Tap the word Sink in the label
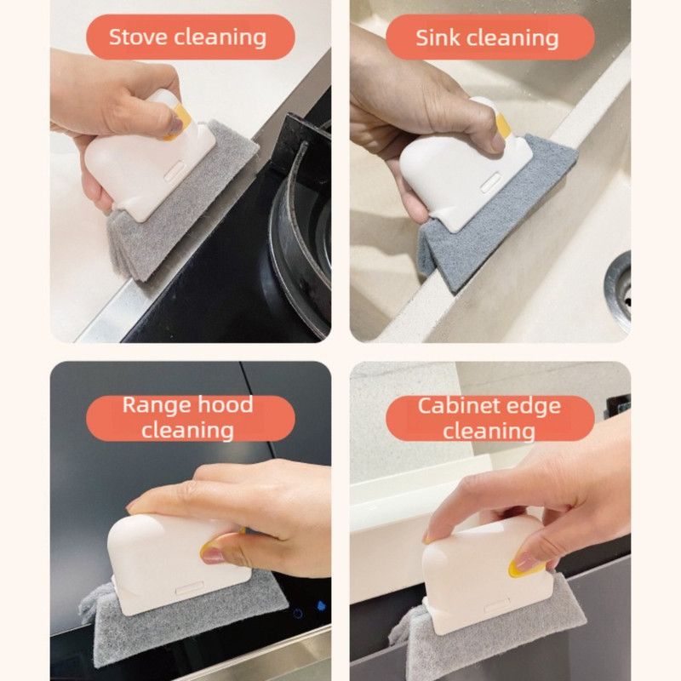438,37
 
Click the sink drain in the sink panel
619,290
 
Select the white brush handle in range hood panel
177,564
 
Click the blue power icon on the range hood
298,614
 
